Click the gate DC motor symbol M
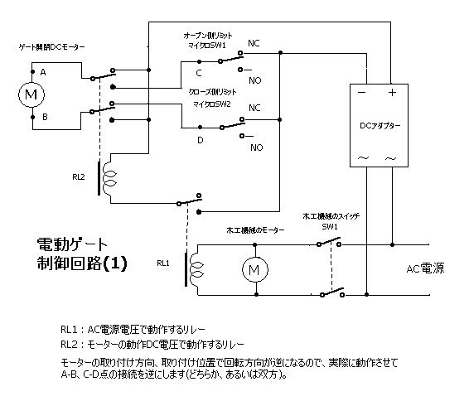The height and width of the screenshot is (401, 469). [x=31, y=94]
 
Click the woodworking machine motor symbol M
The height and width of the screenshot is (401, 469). [x=255, y=270]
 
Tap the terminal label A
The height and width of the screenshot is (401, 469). [x=43, y=72]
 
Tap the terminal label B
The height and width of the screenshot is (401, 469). [x=45, y=117]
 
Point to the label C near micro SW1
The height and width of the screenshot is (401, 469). [x=199, y=73]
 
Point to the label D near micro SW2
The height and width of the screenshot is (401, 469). [x=201, y=140]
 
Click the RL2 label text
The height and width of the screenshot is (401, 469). [x=79, y=177]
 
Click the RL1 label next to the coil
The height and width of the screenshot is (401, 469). [x=163, y=263]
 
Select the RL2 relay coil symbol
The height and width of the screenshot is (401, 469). [x=106, y=178]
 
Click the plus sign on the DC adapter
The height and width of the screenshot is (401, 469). [x=392, y=93]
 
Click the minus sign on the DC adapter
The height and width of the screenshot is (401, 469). [x=361, y=93]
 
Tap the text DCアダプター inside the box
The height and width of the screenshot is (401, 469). [x=380, y=126]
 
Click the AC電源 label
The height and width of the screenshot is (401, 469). [x=425, y=268]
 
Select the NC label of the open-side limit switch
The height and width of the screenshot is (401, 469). [x=254, y=43]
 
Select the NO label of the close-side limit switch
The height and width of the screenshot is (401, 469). [x=257, y=147]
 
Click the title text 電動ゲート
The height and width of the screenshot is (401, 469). [x=72, y=244]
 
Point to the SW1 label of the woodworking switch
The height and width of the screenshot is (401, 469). [x=330, y=227]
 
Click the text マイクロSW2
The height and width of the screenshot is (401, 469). [x=212, y=104]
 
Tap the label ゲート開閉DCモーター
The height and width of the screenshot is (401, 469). [x=51, y=47]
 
